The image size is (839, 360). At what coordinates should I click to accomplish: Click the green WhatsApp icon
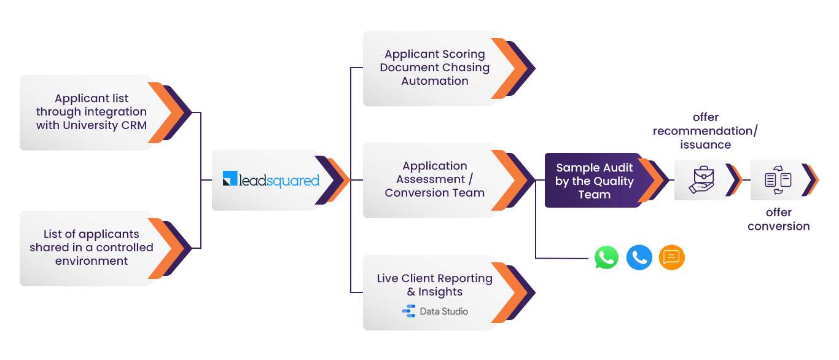(606, 257)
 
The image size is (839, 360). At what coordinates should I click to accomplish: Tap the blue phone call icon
(639, 257)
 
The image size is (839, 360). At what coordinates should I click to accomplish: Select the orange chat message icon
(672, 257)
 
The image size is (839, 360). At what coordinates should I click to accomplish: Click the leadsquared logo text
(279, 181)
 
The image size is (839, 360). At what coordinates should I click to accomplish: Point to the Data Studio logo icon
(408, 311)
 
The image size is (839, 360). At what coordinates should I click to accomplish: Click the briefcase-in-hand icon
(701, 180)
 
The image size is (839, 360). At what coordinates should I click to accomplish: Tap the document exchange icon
(778, 180)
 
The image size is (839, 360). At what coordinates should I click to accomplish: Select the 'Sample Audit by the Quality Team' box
(596, 180)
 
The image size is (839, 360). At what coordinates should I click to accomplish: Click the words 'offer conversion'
(778, 219)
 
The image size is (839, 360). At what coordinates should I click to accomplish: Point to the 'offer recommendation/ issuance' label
(705, 131)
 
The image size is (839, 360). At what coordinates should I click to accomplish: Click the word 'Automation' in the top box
(434, 81)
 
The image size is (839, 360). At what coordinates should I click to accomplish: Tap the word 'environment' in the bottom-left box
(92, 260)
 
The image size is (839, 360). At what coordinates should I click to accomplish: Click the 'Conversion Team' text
(434, 192)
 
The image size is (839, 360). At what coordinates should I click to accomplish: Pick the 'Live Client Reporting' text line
(434, 278)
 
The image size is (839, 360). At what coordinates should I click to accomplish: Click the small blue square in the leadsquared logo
(230, 178)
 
